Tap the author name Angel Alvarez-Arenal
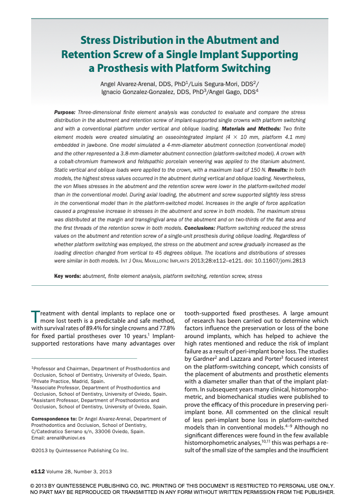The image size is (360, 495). (x=131, y=84)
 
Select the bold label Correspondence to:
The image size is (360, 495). (x=54, y=418)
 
